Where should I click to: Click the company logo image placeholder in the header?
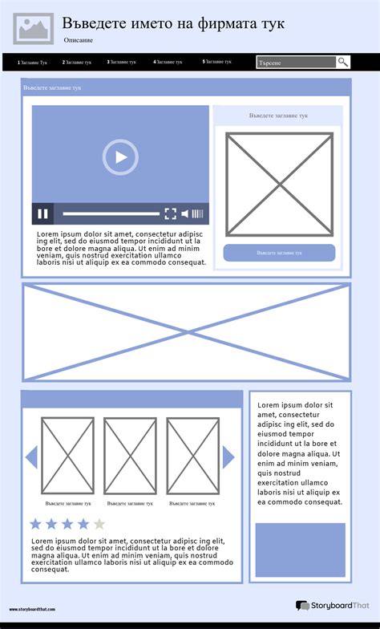33,28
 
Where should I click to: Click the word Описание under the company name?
78,39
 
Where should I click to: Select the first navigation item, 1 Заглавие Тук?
32,62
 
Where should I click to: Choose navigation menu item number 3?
121,62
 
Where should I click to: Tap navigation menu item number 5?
216,62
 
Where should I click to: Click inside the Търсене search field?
295,63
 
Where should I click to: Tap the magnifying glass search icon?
343,62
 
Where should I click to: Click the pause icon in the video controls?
43,213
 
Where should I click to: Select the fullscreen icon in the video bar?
170,213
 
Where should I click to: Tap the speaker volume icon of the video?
186,213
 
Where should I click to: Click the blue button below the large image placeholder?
279,253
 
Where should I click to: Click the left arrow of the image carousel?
32,457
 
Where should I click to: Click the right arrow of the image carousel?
228,457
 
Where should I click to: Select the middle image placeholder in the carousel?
130,456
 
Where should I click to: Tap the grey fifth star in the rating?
99,524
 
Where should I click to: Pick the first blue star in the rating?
35,524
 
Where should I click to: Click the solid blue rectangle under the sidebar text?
300,550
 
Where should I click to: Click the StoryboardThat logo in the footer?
331,606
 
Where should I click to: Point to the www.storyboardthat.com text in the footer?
34,610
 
